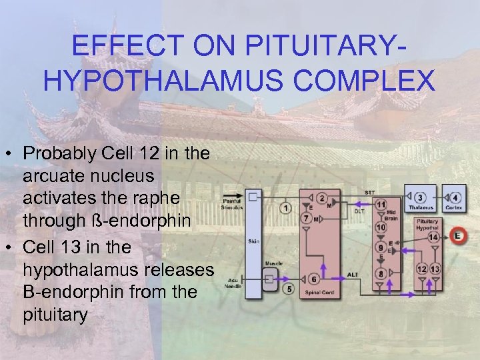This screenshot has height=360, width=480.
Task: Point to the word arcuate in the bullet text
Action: pyautogui.click(x=54, y=176)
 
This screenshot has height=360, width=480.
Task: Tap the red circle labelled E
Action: pyautogui.click(x=457, y=235)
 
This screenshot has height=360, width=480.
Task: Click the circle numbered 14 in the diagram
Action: pyautogui.click(x=433, y=237)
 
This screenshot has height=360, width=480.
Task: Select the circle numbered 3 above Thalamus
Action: pyautogui.click(x=421, y=198)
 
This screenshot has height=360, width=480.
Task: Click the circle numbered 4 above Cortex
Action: pyautogui.click(x=455, y=198)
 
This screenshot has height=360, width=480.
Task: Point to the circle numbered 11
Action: pyautogui.click(x=381, y=204)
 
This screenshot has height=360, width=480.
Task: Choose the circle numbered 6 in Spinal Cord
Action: pyautogui.click(x=313, y=279)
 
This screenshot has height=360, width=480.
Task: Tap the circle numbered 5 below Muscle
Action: pyautogui.click(x=288, y=289)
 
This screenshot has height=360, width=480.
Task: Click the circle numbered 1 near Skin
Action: pyautogui.click(x=287, y=208)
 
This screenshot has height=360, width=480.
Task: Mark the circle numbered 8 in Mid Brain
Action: pyautogui.click(x=381, y=273)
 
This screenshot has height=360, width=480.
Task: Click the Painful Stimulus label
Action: pyautogui.click(x=232, y=203)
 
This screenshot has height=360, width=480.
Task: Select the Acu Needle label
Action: pyautogui.click(x=233, y=283)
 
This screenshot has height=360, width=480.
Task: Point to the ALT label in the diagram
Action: pyautogui.click(x=353, y=274)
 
